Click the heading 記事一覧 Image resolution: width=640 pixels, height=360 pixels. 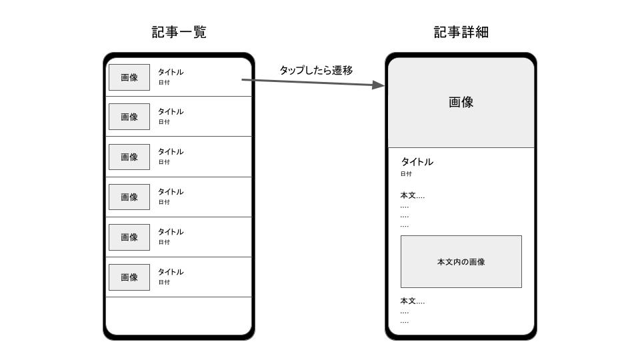(179, 32)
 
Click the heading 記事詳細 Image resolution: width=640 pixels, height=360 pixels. (461, 32)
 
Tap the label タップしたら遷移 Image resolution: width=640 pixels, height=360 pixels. (315, 70)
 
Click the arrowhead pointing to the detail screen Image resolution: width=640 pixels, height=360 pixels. (379, 85)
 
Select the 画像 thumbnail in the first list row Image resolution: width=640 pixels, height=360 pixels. (129, 77)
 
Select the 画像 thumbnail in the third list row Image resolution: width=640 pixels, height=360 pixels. (129, 157)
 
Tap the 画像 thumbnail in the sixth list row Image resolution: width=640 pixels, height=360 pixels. (129, 277)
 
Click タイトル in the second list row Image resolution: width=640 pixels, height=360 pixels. (171, 112)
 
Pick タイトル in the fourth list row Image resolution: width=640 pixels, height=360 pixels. (171, 192)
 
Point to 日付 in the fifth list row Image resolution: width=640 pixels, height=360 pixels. (164, 242)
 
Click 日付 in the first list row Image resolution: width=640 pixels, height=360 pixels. (164, 83)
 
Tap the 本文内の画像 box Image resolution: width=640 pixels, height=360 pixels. (461, 261)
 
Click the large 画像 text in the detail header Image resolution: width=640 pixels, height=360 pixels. (461, 103)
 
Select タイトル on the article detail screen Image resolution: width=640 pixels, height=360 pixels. (417, 162)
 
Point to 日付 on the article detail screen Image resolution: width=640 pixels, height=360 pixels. (406, 174)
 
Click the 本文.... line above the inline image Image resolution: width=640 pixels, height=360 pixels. (412, 195)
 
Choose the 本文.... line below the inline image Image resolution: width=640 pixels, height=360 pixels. (412, 301)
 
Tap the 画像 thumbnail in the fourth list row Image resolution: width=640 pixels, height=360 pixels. (129, 197)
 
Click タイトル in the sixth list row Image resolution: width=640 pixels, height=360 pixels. (171, 272)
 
